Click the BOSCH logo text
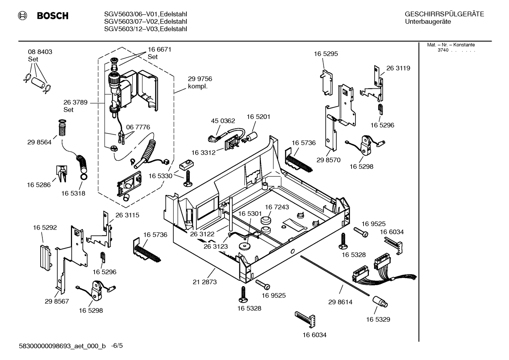pos(52,16)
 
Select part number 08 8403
pos(40,52)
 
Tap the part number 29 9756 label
pos(200,79)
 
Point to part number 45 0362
pos(223,121)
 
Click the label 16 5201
pos(258,117)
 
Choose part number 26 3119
pos(398,68)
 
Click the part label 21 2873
pos(205,282)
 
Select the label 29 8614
pos(340,302)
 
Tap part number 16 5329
pos(378,319)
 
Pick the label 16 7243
pos(277,207)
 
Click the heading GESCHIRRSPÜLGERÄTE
pos(444,14)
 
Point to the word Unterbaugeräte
pos(428,22)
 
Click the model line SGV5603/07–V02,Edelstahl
pos(145,22)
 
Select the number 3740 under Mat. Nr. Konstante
pos(443,50)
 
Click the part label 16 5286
pos(39,184)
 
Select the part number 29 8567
pos(57,301)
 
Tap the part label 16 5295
pos(326,54)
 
